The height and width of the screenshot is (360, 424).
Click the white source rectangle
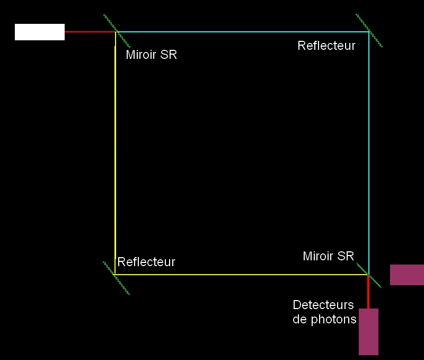(40, 32)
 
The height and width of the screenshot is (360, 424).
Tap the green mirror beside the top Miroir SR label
(117, 31)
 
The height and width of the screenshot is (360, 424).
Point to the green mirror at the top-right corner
(369, 31)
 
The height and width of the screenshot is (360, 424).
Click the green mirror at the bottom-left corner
(116, 276)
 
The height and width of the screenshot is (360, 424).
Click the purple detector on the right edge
(407, 275)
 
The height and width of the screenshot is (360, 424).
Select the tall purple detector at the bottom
(368, 331)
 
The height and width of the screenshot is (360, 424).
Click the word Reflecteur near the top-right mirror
(326, 46)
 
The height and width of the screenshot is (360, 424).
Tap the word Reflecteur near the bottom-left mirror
(146, 262)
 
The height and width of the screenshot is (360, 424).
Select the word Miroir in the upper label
(142, 55)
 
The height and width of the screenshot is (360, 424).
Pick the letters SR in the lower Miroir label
(346, 257)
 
